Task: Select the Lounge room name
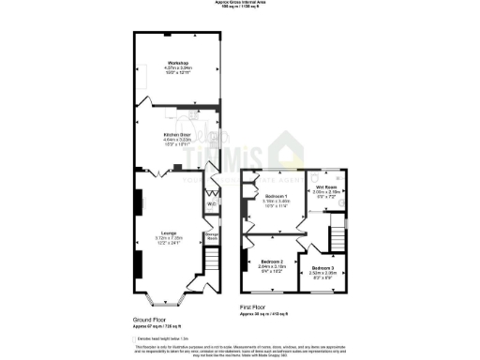(x=170, y=232)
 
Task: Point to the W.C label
(x=213, y=202)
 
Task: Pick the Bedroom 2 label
(x=273, y=260)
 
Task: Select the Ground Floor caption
(x=151, y=320)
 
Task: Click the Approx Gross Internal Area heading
(x=240, y=3)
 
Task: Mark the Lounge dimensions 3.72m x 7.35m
(x=170, y=237)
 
